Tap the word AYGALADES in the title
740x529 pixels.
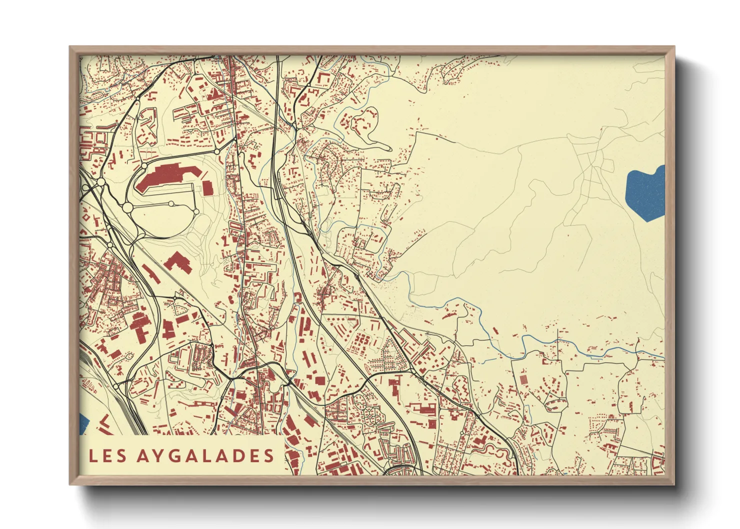[205, 455]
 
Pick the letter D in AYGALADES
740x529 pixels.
[237, 455]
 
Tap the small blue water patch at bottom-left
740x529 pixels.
[83, 424]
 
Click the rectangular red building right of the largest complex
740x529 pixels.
[207, 187]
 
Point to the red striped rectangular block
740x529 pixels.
[523, 380]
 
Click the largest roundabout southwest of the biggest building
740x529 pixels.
[127, 206]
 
